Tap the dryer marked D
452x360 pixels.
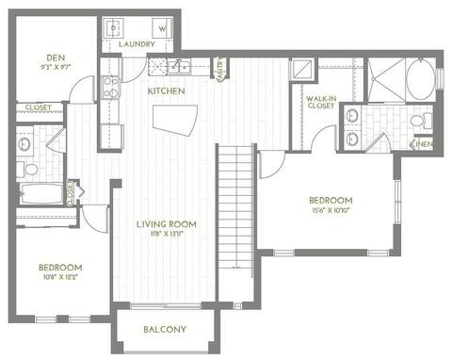[113, 28]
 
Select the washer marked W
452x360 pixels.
[161, 28]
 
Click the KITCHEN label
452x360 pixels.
[166, 90]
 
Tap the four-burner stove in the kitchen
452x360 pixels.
[109, 88]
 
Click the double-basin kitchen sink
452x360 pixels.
[177, 67]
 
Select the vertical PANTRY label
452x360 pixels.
[219, 70]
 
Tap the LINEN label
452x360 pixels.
[424, 144]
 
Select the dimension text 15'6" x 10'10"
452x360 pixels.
[331, 210]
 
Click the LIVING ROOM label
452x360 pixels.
[165, 223]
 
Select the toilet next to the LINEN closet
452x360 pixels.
[425, 121]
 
